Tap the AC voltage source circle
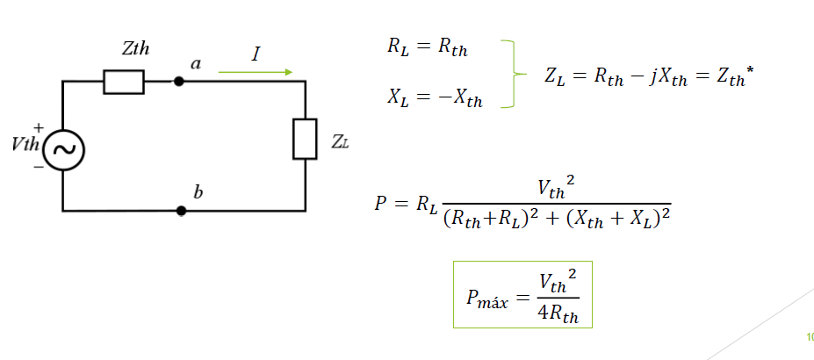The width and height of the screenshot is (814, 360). pos(63,150)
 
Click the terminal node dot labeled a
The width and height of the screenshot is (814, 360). pos(179,82)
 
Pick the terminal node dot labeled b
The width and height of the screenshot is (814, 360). pos(181,211)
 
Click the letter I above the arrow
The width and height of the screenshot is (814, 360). pos(256,54)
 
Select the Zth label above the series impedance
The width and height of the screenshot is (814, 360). pos(135,49)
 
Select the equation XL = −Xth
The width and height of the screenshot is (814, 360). pos(435,97)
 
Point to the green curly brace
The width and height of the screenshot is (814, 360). pos(512,74)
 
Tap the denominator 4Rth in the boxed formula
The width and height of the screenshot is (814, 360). pos(559,313)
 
